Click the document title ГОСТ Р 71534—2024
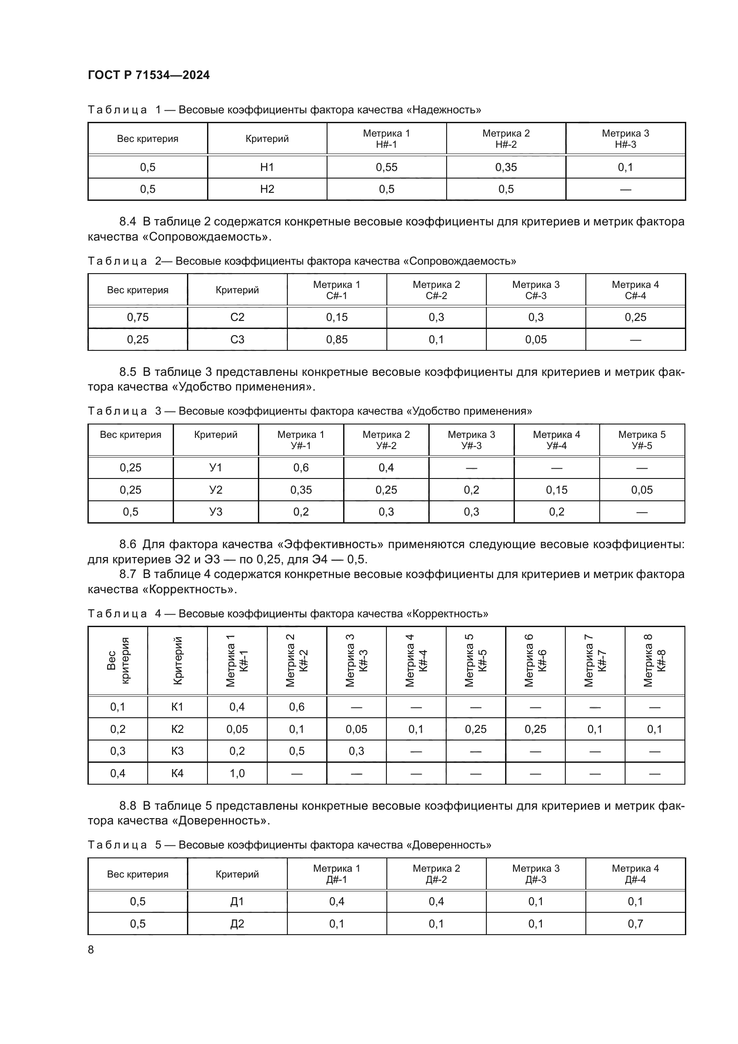(149, 75)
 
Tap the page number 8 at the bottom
(91, 949)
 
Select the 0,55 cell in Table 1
(386, 167)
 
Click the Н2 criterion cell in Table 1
(267, 189)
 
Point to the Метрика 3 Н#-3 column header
(625, 139)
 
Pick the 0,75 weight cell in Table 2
(138, 317)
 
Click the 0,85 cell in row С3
(337, 340)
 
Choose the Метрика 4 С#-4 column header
(635, 290)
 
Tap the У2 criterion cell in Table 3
(216, 490)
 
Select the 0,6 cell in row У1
(301, 467)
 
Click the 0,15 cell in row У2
(557, 490)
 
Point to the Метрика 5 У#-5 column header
(642, 440)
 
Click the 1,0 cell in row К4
(237, 773)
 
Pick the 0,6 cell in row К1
(297, 707)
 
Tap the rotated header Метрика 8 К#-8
(655, 660)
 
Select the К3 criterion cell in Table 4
(177, 751)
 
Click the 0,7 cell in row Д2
(635, 923)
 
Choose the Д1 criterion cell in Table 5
(237, 901)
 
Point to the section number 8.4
(128, 222)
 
